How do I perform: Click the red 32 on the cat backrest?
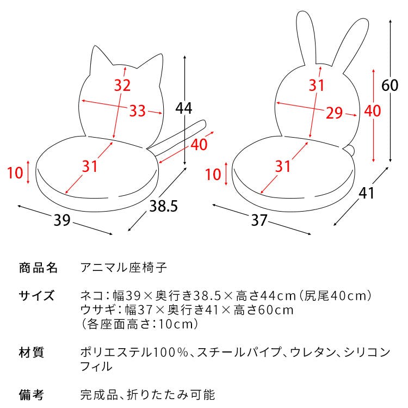click(122, 85)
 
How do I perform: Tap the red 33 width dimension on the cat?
click(138, 110)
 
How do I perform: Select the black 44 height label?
click(184, 108)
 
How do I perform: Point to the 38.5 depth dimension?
click(163, 206)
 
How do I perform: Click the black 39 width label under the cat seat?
click(62, 220)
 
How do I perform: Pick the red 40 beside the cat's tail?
click(199, 144)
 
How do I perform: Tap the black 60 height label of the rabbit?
click(390, 85)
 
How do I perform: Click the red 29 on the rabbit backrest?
click(335, 113)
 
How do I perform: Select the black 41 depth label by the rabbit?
click(366, 193)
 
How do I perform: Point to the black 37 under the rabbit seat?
click(259, 220)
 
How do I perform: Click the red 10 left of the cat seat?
click(15, 173)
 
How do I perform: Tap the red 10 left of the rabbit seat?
click(213, 174)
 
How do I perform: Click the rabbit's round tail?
click(349, 151)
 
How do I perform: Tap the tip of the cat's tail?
click(203, 123)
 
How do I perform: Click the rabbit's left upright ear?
click(306, 36)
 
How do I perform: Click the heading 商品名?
click(38, 268)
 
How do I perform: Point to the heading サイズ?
click(36, 295)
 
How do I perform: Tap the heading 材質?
click(31, 353)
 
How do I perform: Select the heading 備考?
click(31, 395)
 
